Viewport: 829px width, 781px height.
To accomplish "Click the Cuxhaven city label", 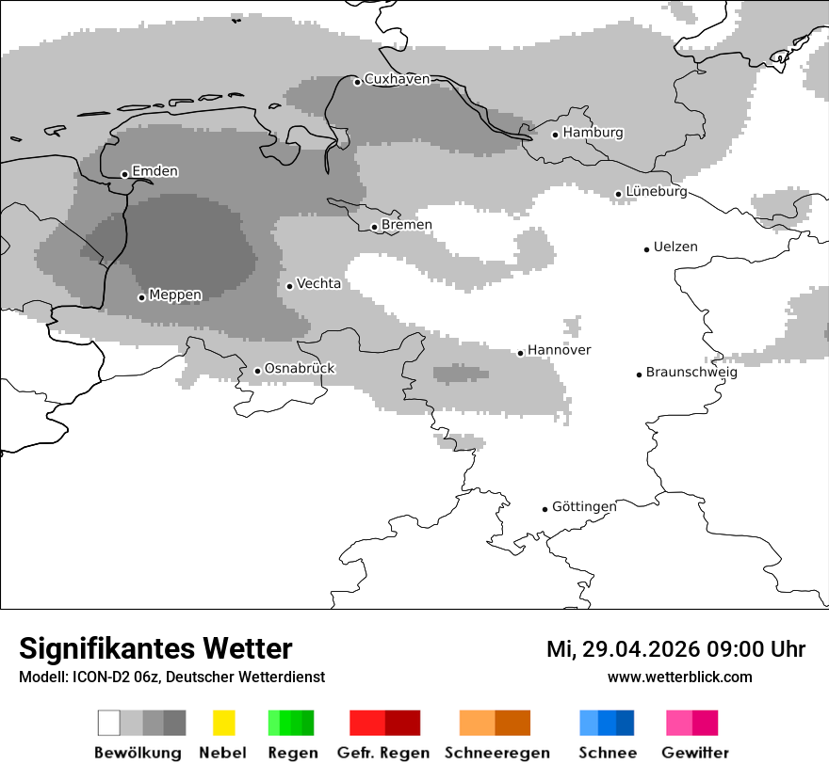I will pyautogui.click(x=397, y=80).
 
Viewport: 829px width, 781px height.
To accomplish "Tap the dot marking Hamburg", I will pyautogui.click(x=556, y=135).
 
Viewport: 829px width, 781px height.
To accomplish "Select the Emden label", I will pyautogui.click(x=154, y=171).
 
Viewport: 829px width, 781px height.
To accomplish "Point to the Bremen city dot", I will pyautogui.click(x=374, y=227).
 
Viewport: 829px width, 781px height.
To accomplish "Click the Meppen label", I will pyautogui.click(x=175, y=295).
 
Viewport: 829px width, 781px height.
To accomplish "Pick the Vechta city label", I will pyautogui.click(x=318, y=283).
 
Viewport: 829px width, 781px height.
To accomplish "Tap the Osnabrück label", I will pyautogui.click(x=300, y=369).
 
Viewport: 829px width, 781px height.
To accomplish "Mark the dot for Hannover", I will pyautogui.click(x=521, y=353).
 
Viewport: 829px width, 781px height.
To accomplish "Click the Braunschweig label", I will pyautogui.click(x=691, y=373).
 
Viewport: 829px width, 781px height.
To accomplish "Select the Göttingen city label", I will pyautogui.click(x=584, y=507).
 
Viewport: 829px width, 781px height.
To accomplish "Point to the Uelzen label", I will pyautogui.click(x=675, y=247).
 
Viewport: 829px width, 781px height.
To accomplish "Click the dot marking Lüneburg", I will pyautogui.click(x=619, y=194).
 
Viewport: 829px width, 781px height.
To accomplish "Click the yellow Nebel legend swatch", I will pyautogui.click(x=223, y=723).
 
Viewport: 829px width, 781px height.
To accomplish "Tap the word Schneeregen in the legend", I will pyautogui.click(x=496, y=753).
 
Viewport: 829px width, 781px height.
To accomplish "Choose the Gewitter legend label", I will pyautogui.click(x=695, y=753).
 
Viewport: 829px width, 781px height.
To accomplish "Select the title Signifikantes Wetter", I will pyautogui.click(x=155, y=648).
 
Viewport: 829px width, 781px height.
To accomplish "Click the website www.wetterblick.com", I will pyautogui.click(x=679, y=677).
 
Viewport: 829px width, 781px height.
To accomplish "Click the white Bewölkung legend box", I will pyautogui.click(x=109, y=723).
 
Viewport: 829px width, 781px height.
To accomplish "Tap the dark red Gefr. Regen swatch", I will pyautogui.click(x=402, y=723).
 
